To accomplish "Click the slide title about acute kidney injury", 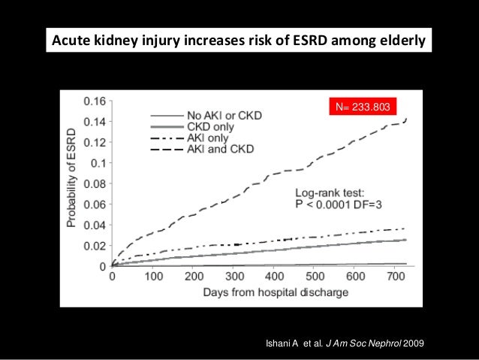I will pyautogui.click(x=239, y=38).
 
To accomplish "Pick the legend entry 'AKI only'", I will pyautogui.click(x=206, y=138).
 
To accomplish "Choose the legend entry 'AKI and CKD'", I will pyautogui.click(x=217, y=149).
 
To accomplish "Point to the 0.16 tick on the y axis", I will pyautogui.click(x=95, y=101).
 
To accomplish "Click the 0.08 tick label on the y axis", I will pyautogui.click(x=95, y=183).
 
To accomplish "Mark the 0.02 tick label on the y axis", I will pyautogui.click(x=95, y=246).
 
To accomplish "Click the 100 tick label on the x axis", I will pyautogui.click(x=153, y=276).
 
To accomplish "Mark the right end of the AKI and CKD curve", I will pyautogui.click(x=406, y=119).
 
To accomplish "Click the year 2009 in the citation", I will pyautogui.click(x=414, y=343).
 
